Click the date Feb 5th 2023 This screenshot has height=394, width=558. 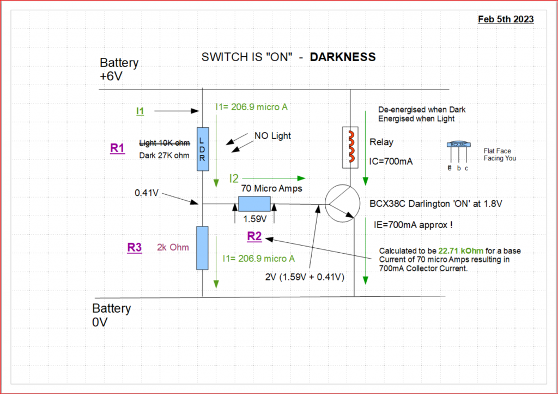point(506,19)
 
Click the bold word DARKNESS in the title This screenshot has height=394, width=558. point(343,57)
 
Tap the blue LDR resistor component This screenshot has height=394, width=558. point(203,149)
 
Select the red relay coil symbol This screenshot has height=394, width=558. point(351,146)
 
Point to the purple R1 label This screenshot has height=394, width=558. point(118,148)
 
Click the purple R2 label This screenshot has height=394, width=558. point(254,236)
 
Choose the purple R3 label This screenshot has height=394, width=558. point(135,247)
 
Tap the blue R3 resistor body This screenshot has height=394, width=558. point(203,248)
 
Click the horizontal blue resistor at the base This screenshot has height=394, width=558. point(254,204)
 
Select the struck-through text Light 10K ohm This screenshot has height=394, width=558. point(165,143)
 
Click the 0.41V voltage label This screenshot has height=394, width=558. point(146,193)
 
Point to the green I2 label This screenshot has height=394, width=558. point(234,178)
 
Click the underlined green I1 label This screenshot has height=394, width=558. point(140,111)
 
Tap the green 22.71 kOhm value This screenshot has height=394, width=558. point(461,251)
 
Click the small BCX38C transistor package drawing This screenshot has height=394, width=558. point(459,155)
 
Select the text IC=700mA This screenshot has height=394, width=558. point(391,162)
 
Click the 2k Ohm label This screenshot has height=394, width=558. point(173,247)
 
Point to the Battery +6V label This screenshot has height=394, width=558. point(119,69)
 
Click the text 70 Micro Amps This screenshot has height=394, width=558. point(271,188)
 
